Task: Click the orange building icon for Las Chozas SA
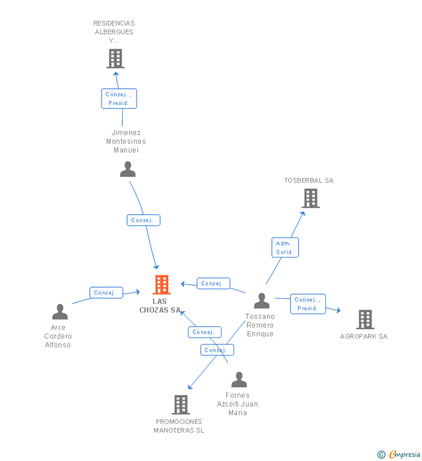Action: tap(162, 285)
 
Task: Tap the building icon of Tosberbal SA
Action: tap(311, 198)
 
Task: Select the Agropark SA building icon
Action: tap(365, 319)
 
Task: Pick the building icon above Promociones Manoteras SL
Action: tap(181, 405)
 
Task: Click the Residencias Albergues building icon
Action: tap(115, 59)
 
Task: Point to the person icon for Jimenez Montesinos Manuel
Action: tap(128, 169)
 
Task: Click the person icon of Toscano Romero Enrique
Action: tap(262, 301)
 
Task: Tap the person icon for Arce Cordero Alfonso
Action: tap(60, 312)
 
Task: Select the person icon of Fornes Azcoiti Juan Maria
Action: tap(239, 380)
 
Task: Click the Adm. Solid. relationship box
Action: tap(285, 248)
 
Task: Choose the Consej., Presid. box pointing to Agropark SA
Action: tap(307, 304)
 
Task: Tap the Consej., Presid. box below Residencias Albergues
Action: tap(119, 99)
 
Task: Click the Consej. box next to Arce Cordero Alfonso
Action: tap(106, 293)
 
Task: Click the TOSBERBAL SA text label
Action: tap(308, 180)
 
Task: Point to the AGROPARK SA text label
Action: tap(363, 336)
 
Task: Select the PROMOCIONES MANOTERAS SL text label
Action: tap(179, 426)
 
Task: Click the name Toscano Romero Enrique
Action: tap(260, 325)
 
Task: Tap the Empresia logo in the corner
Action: tap(404, 455)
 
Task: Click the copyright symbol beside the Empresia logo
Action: tap(381, 455)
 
